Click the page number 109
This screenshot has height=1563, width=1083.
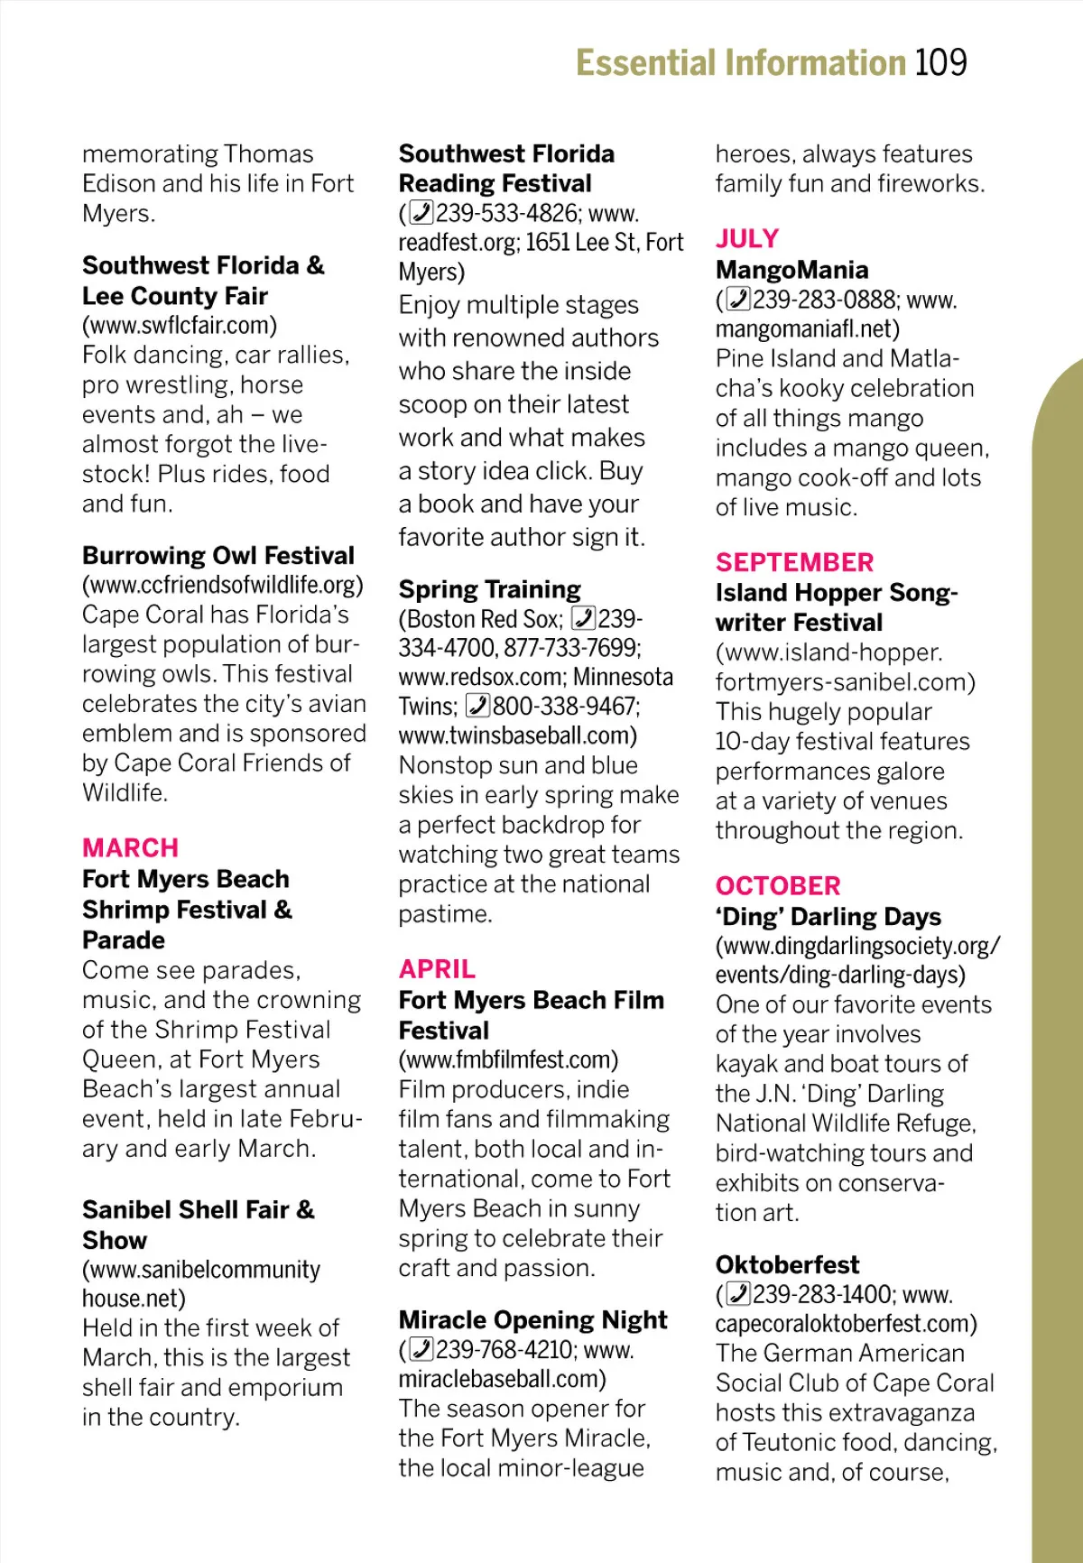point(940,63)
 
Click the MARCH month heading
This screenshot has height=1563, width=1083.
point(130,848)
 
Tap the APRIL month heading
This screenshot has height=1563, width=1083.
point(437,969)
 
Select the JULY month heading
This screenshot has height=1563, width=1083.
point(747,239)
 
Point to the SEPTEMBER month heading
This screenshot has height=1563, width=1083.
point(794,562)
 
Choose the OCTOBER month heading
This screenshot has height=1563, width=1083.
point(778,886)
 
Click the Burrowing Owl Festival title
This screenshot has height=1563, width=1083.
point(218,555)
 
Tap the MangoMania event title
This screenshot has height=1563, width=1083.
point(791,270)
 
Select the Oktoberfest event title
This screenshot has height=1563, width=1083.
point(787,1264)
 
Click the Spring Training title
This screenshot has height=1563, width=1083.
point(490,589)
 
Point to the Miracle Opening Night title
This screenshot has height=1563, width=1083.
point(532,1320)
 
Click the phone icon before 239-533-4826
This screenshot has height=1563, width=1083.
point(421,213)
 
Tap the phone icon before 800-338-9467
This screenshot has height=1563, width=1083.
point(477,706)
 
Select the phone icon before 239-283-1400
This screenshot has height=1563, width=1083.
point(738,1294)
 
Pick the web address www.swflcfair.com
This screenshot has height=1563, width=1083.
point(180,325)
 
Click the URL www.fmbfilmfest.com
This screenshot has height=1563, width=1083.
point(509,1059)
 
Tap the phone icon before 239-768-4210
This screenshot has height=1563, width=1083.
point(421,1349)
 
